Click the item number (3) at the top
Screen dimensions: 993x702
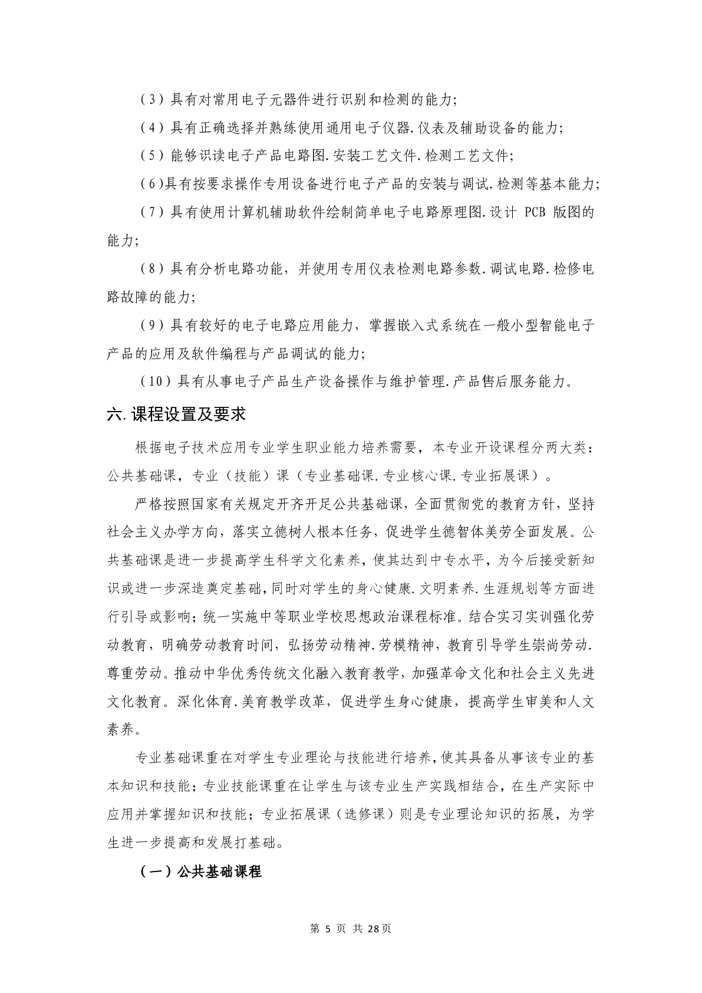(x=151, y=100)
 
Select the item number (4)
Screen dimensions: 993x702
(x=151, y=128)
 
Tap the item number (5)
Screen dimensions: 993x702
(x=151, y=156)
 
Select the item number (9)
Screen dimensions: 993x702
(x=151, y=325)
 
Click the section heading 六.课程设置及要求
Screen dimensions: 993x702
(x=176, y=415)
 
